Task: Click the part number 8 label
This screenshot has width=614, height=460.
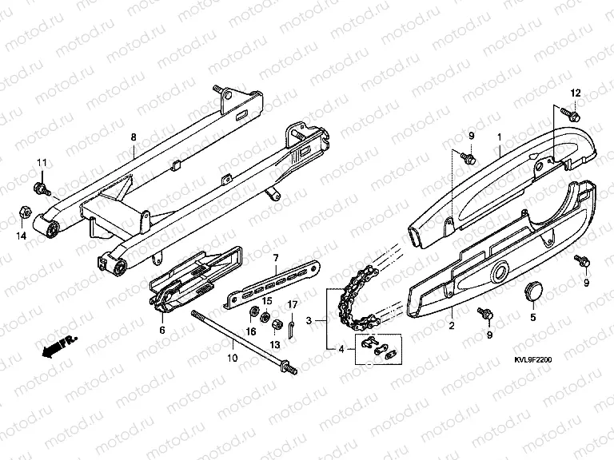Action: point(134,137)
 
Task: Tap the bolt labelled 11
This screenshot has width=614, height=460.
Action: point(41,188)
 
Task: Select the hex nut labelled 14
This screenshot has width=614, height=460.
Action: point(23,213)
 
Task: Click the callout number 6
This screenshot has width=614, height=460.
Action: point(162,330)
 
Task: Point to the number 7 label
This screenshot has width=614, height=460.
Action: point(276,258)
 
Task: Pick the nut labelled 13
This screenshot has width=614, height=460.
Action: point(275,324)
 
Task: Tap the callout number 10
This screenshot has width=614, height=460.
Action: point(232,358)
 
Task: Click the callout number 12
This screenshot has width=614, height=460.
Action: point(576,93)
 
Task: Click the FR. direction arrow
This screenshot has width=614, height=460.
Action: point(59,346)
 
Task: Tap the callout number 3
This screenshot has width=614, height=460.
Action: point(309,321)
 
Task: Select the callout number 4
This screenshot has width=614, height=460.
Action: point(341,349)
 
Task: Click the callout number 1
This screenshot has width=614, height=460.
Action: point(499,137)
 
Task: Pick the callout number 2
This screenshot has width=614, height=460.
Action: point(452,325)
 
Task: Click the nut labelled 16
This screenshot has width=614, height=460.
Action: point(253,311)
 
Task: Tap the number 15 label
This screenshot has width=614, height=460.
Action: point(267,301)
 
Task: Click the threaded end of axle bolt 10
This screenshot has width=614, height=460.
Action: point(290,369)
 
